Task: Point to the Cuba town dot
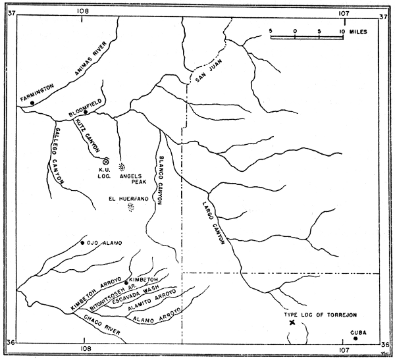click(355, 338)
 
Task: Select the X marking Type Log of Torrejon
click(292, 322)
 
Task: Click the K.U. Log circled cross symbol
click(106, 160)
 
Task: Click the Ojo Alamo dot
click(82, 244)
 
